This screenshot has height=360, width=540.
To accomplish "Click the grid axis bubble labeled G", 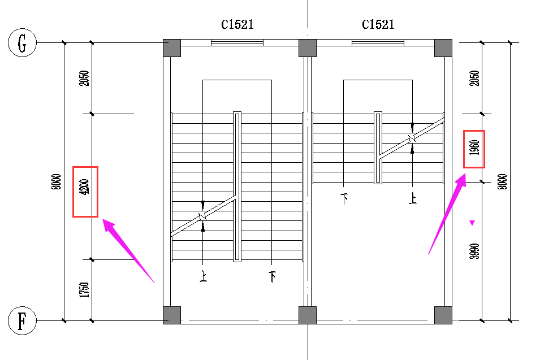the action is click(x=22, y=43).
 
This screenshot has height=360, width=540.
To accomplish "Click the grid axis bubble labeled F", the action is click(x=22, y=322).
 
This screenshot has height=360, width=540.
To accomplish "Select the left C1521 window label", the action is click(x=237, y=25).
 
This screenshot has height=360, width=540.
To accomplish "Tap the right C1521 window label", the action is click(x=378, y=25).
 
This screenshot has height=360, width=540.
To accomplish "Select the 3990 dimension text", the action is click(x=474, y=251).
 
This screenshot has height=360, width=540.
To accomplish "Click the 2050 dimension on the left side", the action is click(x=85, y=78).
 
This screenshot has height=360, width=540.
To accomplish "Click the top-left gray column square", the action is click(x=172, y=48).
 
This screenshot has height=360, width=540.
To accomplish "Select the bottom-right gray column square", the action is click(x=443, y=315).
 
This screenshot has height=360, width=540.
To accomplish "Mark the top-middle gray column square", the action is click(x=307, y=48).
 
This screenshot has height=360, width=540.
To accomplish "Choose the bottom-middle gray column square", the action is click(x=307, y=315).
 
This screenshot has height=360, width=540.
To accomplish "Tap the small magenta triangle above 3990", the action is click(x=472, y=223).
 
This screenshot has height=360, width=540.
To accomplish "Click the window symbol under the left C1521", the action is click(x=237, y=42).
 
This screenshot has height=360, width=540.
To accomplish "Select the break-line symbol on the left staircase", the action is click(x=203, y=216).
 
